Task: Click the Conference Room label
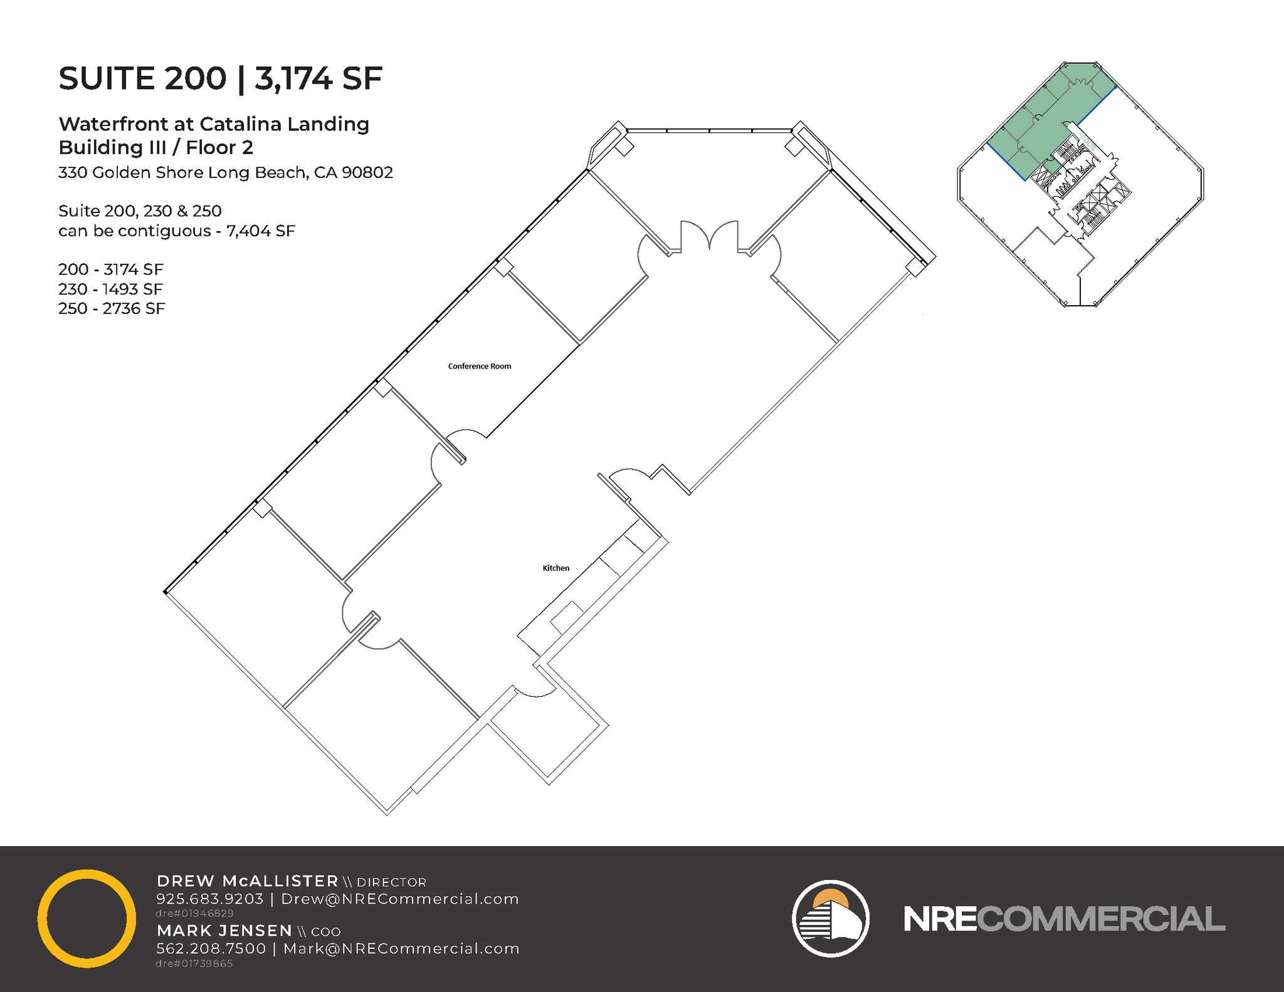coord(480,367)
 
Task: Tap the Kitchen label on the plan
coord(555,568)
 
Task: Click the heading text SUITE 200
coord(142,78)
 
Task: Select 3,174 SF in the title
coord(318,78)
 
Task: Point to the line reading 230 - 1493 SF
coord(110,289)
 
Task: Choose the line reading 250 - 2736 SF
coord(112,308)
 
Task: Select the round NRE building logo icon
coord(830,918)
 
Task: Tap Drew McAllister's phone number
coord(209,899)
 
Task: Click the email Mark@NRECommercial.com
coord(401,949)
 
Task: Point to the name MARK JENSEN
coord(224,931)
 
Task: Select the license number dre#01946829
coord(194,914)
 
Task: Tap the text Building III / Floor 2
coord(155,148)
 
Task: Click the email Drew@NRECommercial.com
coord(400,899)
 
